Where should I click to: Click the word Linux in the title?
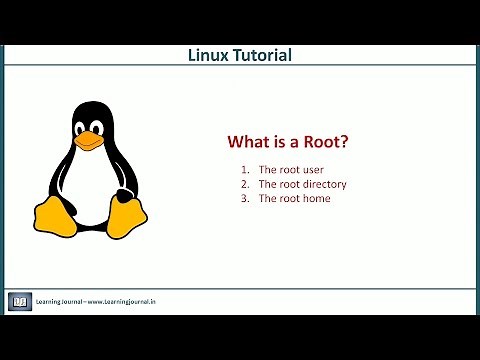tap(208, 55)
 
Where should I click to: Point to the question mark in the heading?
tap(345, 142)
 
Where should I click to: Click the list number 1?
tap(244, 170)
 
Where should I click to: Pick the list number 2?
tap(244, 184)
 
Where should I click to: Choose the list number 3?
tap(244, 198)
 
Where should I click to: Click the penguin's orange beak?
tap(90, 139)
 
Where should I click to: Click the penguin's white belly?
tap(90, 185)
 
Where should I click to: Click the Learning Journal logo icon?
tap(20, 301)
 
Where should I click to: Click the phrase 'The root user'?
tap(290, 170)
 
